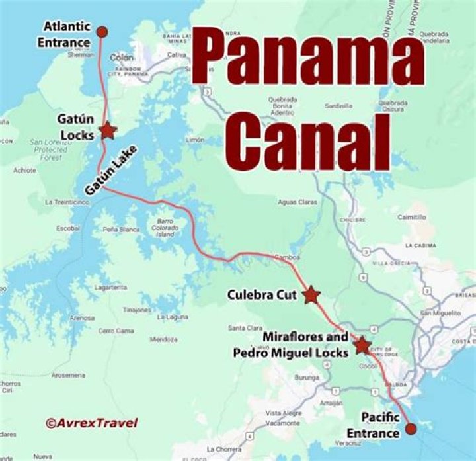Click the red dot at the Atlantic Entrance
[102, 31]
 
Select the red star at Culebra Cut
[311, 295]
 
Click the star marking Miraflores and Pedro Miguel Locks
[361, 345]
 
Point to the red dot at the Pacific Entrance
[411, 429]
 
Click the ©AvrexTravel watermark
[92, 422]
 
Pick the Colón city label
[121, 57]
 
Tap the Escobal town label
[68, 228]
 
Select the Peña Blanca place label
[121, 229]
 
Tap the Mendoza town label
[163, 340]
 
